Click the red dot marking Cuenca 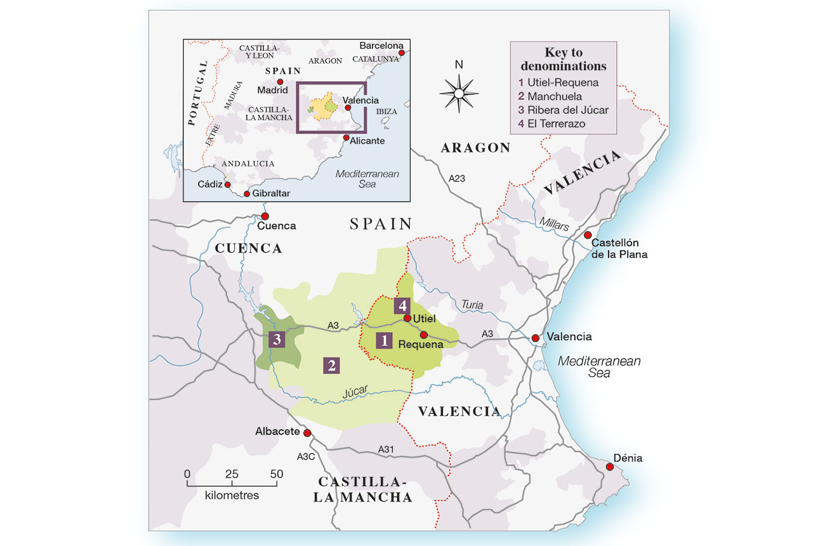[265, 216]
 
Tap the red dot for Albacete [307, 433]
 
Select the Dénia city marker [609, 467]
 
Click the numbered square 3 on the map [277, 340]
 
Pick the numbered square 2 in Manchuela [331, 365]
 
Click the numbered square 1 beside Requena [384, 340]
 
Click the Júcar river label [355, 392]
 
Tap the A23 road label [456, 178]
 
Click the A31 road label [386, 449]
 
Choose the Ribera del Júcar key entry [563, 110]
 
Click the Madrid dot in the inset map [280, 82]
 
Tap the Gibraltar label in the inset [271, 194]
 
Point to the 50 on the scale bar [276, 474]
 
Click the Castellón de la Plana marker [587, 236]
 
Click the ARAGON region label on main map [475, 148]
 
